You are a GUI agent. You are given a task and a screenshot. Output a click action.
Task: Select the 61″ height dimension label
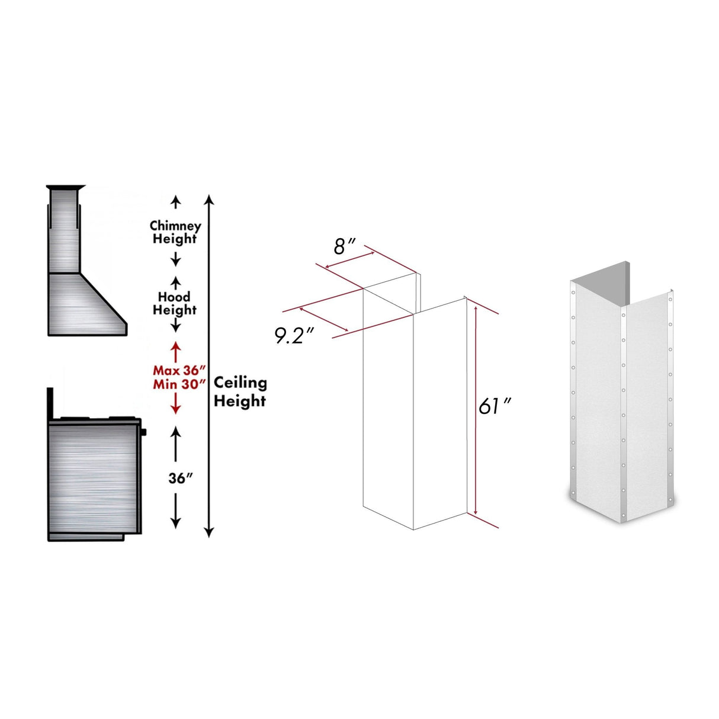495,406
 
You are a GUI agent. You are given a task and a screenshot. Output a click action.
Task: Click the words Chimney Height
175,232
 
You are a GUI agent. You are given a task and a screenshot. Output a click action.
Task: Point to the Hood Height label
175,303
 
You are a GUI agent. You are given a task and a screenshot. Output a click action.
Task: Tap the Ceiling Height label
240,391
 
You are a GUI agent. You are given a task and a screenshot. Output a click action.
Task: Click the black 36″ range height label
177,478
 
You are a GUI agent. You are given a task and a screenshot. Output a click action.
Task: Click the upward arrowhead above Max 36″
175,344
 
